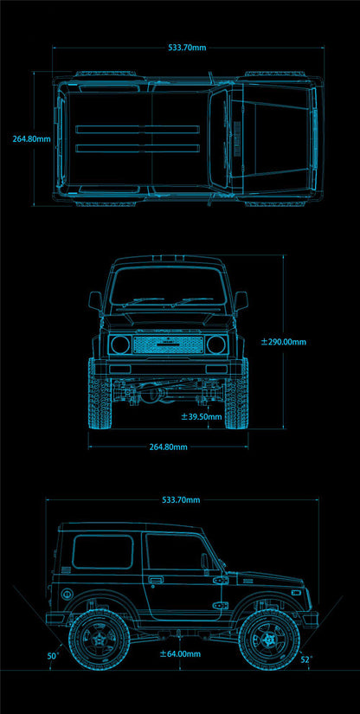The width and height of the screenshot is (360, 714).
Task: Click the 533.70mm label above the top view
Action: (x=187, y=48)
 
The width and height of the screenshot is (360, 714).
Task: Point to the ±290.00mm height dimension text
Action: (x=284, y=342)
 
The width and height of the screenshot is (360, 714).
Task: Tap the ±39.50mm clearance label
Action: (x=202, y=416)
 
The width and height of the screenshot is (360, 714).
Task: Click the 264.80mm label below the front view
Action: (x=169, y=447)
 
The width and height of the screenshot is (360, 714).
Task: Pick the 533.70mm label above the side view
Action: (x=181, y=500)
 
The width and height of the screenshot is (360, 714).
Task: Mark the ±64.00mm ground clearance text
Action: (x=180, y=654)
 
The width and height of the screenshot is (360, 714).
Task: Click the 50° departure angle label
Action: (x=54, y=656)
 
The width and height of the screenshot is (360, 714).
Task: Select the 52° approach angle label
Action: (x=305, y=659)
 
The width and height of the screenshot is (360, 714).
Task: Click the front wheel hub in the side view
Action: (x=269, y=640)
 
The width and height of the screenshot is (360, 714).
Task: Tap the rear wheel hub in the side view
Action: (x=100, y=640)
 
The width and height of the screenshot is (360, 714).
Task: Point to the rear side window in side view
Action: (x=103, y=552)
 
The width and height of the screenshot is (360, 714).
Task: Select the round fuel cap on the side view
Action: (x=67, y=594)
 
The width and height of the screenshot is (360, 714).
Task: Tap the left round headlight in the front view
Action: (x=120, y=344)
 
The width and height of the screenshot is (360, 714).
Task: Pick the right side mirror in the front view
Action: (x=241, y=301)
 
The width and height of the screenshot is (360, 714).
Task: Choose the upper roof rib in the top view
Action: (x=138, y=129)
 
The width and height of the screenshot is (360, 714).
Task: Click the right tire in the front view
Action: (x=236, y=394)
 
